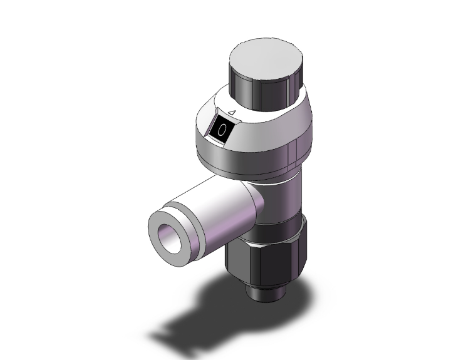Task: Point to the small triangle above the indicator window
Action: tap(232, 112)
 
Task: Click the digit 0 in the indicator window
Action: tap(222, 130)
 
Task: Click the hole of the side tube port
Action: tap(170, 239)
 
